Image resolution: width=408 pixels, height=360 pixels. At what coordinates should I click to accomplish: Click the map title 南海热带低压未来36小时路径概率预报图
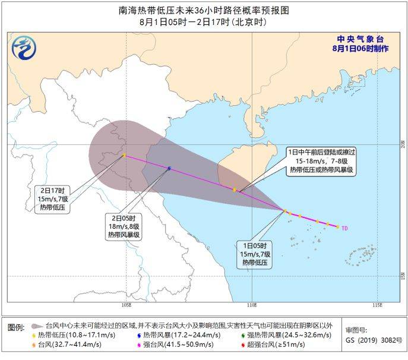[204, 10]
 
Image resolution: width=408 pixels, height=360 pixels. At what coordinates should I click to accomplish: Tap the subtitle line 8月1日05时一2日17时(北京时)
[204, 23]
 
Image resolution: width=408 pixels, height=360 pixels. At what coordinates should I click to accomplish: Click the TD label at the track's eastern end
[344, 228]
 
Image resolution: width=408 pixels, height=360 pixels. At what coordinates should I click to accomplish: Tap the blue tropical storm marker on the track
[169, 169]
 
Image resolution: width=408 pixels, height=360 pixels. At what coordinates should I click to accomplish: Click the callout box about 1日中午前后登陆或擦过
[321, 160]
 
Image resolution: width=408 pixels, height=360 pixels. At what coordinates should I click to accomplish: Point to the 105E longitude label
[125, 305]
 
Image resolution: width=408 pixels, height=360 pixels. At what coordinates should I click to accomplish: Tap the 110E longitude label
[252, 305]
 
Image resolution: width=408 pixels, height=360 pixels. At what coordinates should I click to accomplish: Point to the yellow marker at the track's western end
[124, 156]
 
